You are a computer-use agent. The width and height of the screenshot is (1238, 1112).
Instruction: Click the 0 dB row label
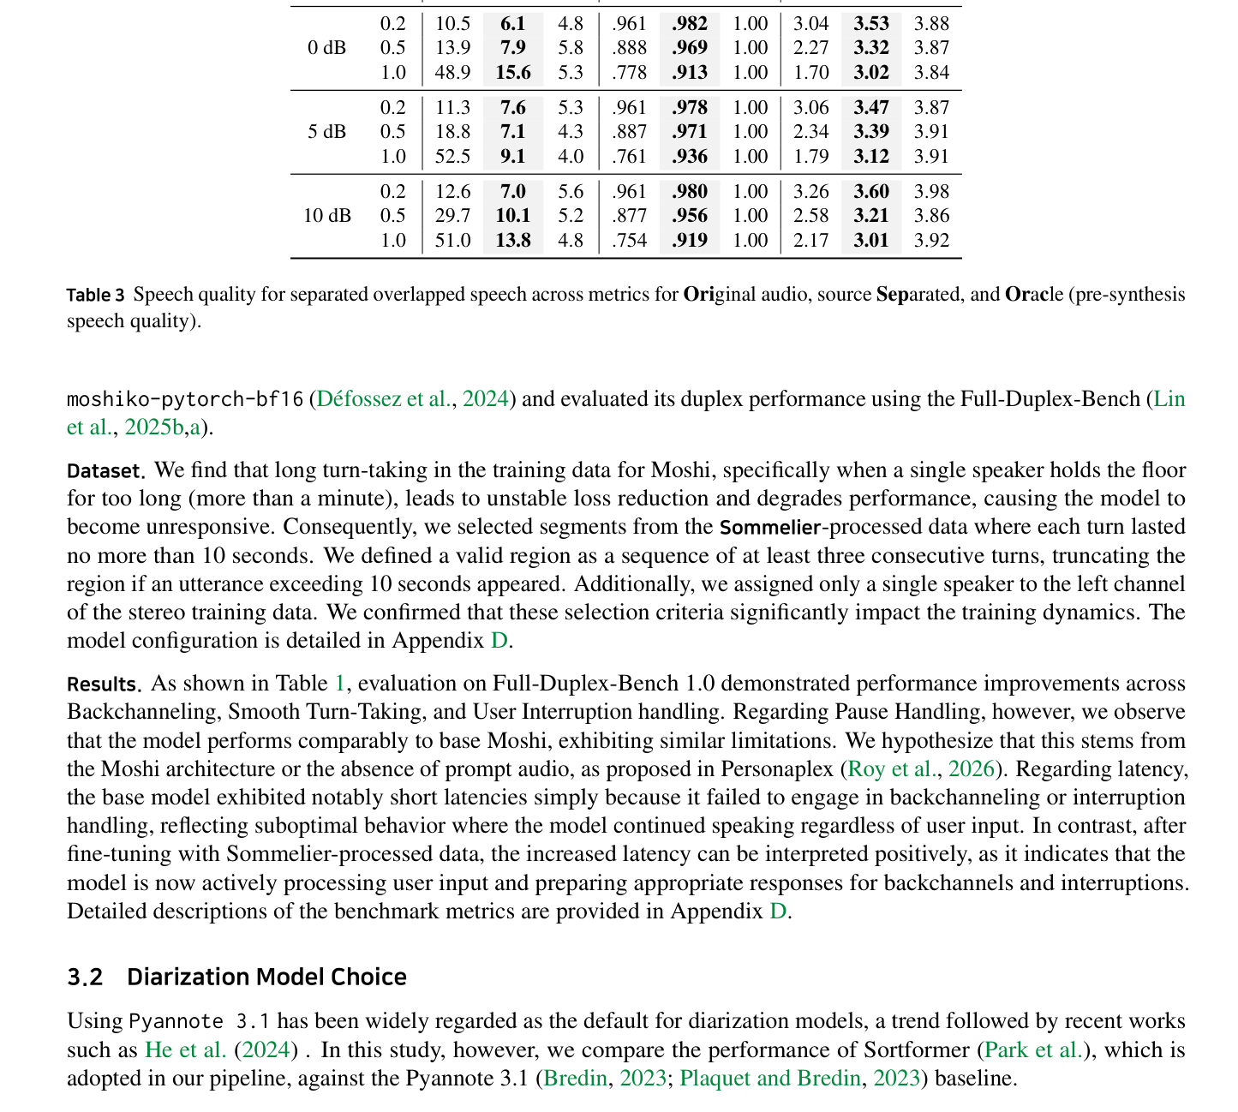coord(326,48)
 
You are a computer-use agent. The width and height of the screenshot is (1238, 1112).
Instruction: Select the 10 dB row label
coord(326,216)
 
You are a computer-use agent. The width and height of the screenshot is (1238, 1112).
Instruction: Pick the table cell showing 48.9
coord(452,73)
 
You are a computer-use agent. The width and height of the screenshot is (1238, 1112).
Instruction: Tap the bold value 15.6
coord(513,73)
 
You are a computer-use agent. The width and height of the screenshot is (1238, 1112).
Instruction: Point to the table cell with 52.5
coord(452,157)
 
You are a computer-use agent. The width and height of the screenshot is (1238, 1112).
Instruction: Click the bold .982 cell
coord(690,24)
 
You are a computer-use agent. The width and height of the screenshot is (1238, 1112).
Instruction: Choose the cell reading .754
coord(630,241)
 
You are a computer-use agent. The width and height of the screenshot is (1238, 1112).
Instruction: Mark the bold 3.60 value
coord(871,192)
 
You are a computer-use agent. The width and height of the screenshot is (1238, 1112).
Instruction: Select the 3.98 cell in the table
coord(931,192)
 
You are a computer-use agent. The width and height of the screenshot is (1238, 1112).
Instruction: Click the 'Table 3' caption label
coord(95,296)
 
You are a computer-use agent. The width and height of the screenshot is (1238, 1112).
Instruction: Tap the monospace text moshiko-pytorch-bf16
coord(185,399)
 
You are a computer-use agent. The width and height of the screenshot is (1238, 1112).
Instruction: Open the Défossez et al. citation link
coord(384,399)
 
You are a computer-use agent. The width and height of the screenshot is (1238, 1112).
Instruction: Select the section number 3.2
coord(85,977)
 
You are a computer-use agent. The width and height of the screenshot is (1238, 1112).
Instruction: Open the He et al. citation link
coord(185,1050)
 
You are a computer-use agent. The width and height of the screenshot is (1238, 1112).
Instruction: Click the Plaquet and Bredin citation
coord(769,1079)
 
